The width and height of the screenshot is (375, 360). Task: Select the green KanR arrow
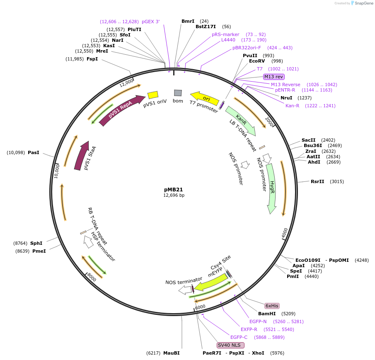[240, 121]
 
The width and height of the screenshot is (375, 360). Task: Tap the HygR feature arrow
[271, 188]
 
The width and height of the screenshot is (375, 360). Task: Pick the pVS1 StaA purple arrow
[82, 156]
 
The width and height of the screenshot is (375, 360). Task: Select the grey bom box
[178, 93]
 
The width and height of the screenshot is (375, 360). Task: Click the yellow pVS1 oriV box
[153, 95]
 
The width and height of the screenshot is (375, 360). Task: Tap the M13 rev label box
[274, 77]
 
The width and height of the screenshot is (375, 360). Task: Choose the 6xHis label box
[272, 306]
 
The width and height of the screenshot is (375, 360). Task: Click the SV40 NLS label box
[231, 345]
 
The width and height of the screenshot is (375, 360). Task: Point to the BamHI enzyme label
[267, 314]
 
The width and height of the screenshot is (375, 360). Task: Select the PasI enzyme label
[34, 153]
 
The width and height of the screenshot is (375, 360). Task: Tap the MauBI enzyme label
[171, 353]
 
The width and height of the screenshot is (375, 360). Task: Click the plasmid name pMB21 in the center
[174, 189]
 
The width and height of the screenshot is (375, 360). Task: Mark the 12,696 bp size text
[174, 195]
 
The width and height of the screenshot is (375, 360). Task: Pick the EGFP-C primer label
[239, 337]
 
